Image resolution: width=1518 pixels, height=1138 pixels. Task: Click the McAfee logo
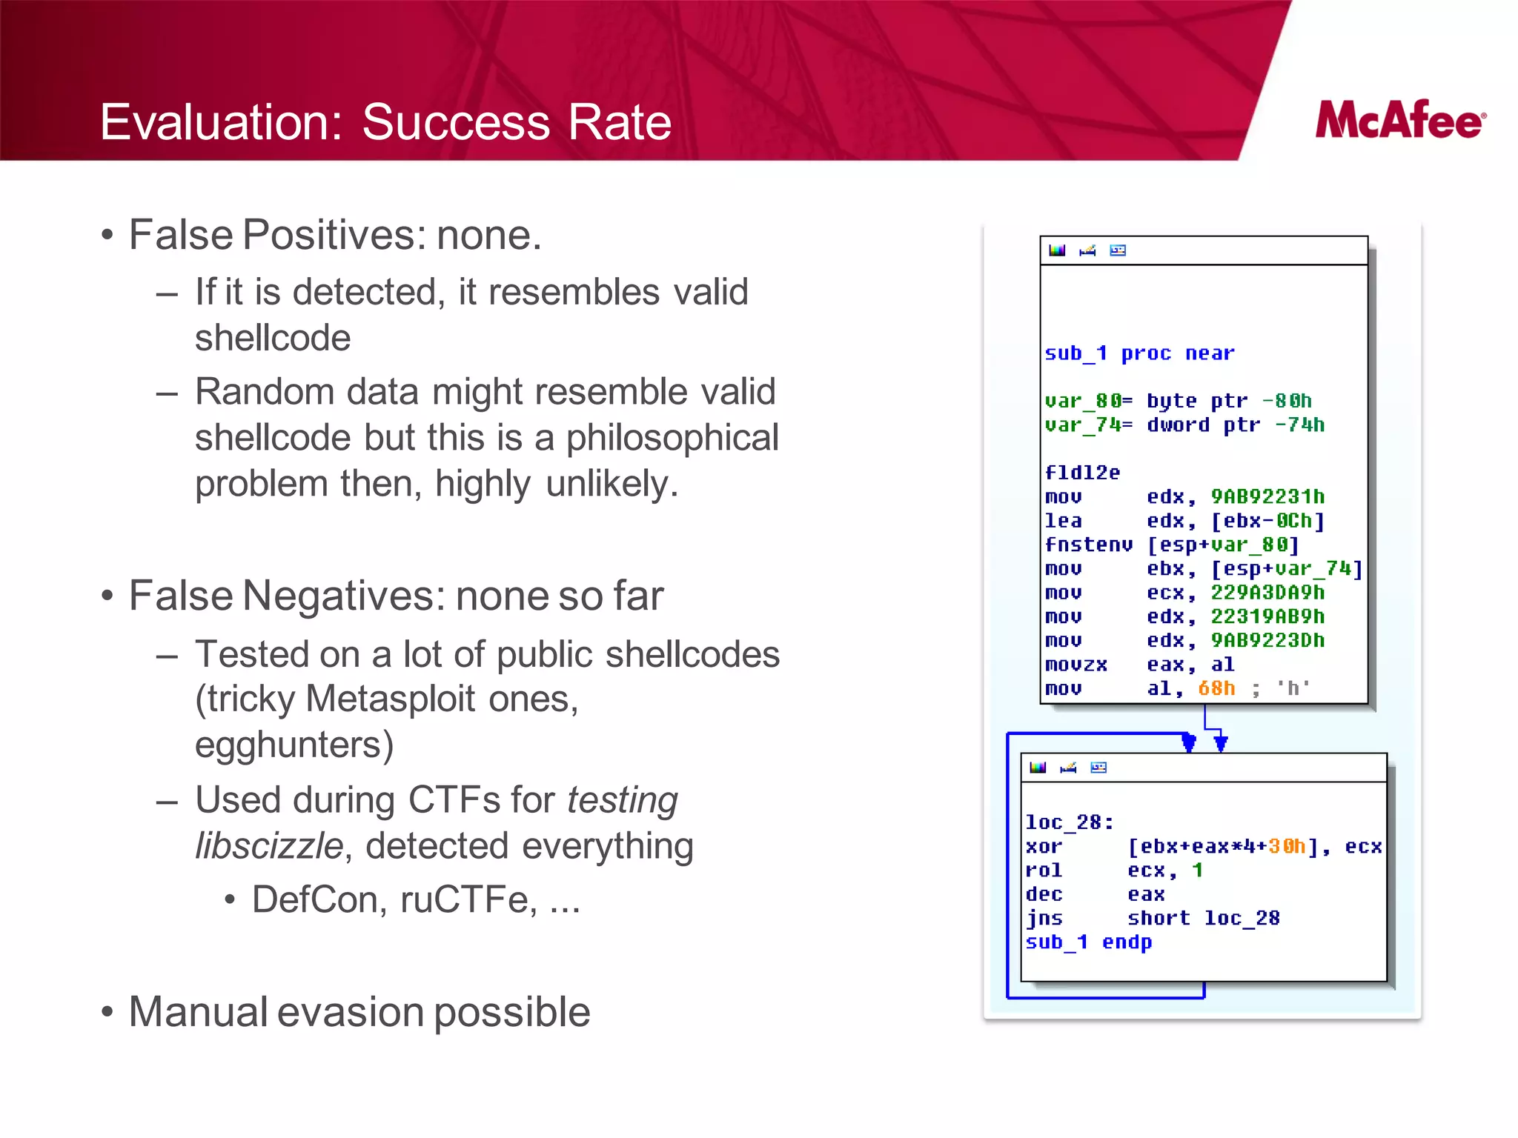[1400, 120]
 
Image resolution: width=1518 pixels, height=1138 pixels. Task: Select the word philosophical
[672, 438]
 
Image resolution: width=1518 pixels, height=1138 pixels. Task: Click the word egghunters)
[294, 745]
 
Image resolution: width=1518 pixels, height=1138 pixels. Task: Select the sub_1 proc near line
[1139, 353]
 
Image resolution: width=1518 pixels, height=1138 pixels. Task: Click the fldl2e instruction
[1082, 473]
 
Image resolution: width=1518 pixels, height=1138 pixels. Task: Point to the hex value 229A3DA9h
[1267, 593]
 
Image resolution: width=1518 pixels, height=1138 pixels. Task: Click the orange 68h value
[1216, 688]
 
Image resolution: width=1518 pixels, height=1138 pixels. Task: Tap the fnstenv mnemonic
[1088, 545]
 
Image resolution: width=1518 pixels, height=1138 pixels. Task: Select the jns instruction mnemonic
[1044, 919]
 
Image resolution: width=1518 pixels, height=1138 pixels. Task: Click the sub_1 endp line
[1088, 942]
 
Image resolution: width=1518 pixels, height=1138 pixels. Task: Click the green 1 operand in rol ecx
[1197, 871]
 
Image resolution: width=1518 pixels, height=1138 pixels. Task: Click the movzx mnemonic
[1075, 665]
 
